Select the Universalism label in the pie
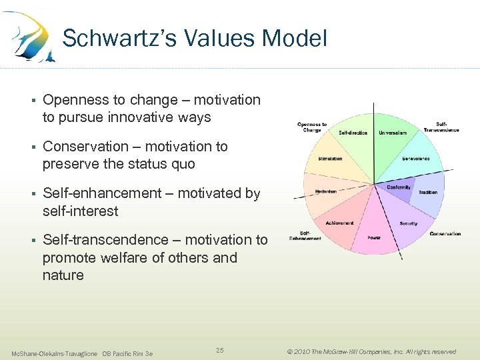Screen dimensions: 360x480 coord(393,133)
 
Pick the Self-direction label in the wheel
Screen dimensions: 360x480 coord(353,133)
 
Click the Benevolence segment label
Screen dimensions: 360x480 coord(415,159)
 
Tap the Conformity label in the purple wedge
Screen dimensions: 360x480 coord(399,187)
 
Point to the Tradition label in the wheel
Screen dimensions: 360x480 coord(427,193)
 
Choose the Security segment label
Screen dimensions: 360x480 coord(408,223)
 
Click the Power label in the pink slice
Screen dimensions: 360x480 coord(373,237)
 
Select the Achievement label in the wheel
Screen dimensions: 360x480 coord(339,223)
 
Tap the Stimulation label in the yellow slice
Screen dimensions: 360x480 coord(330,159)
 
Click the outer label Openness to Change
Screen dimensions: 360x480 coord(312,127)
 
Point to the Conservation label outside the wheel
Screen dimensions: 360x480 coord(445,234)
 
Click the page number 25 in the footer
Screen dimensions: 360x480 coord(221,350)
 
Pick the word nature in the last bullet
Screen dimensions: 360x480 coord(63,275)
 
